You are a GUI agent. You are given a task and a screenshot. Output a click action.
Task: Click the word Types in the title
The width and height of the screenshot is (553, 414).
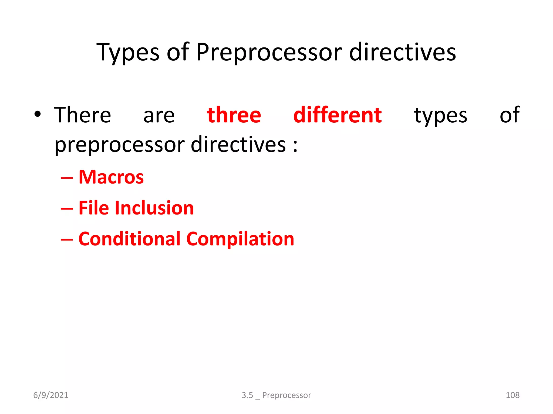(128, 53)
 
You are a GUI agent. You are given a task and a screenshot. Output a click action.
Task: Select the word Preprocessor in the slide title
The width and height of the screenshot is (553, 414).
(269, 53)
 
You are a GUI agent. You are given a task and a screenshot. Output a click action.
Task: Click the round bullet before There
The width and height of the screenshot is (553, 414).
(38, 114)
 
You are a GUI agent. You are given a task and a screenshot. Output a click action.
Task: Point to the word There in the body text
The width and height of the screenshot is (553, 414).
(83, 115)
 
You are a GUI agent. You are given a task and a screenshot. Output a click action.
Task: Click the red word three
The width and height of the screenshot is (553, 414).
(234, 115)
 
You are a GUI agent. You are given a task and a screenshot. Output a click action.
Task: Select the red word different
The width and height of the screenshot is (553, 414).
(338, 115)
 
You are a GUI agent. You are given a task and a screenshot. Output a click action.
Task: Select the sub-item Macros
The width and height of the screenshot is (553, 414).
(111, 177)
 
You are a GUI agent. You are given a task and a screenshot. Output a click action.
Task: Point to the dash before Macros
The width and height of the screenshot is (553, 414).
(67, 178)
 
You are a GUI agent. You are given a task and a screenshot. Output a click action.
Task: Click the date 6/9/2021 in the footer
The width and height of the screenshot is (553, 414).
(51, 395)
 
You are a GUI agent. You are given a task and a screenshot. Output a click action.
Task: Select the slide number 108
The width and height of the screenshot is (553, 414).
(512, 395)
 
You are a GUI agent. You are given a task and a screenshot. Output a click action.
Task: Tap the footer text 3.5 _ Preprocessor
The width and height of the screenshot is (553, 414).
(276, 395)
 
